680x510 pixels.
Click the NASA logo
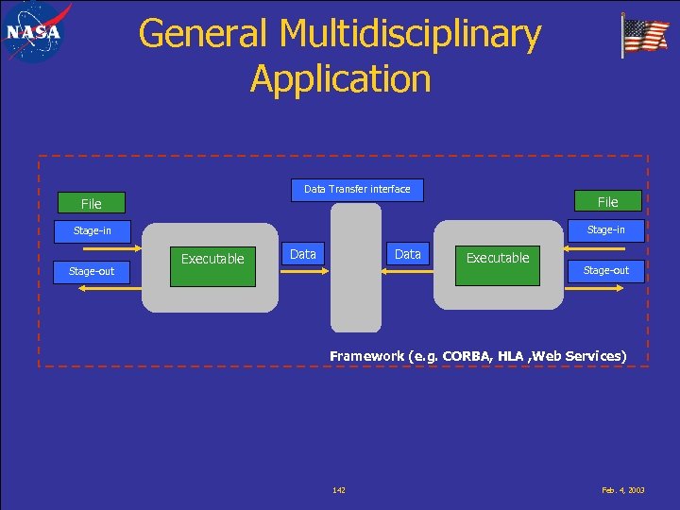[35, 32]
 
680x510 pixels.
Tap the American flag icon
[644, 37]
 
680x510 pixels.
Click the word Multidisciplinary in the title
[410, 34]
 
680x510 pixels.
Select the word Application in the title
[340, 78]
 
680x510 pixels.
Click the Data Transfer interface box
[357, 190]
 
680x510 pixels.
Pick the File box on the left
[92, 204]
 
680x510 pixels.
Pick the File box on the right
[607, 201]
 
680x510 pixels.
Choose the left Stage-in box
[93, 230]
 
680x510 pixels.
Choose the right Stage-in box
[605, 229]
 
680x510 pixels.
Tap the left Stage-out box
[92, 271]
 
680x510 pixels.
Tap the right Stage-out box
[605, 271]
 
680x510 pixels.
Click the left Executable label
[212, 259]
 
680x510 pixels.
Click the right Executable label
[498, 258]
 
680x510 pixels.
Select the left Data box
[303, 254]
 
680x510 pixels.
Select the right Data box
[408, 254]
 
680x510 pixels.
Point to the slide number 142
[339, 490]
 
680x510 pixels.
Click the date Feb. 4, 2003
[622, 490]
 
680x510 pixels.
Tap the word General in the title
[204, 34]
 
